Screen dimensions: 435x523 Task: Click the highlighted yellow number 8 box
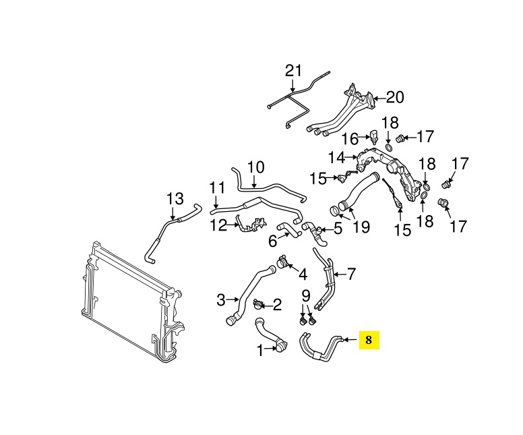(x=369, y=340)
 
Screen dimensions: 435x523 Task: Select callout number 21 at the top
(x=291, y=70)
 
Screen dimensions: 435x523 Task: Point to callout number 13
(x=175, y=199)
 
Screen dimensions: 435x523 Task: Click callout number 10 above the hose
(x=256, y=167)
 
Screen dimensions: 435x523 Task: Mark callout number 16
(x=349, y=139)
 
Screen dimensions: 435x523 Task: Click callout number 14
(x=336, y=158)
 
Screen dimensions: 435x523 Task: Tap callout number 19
(x=361, y=227)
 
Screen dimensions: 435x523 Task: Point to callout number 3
(x=221, y=299)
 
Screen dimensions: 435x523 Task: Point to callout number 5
(x=338, y=229)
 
